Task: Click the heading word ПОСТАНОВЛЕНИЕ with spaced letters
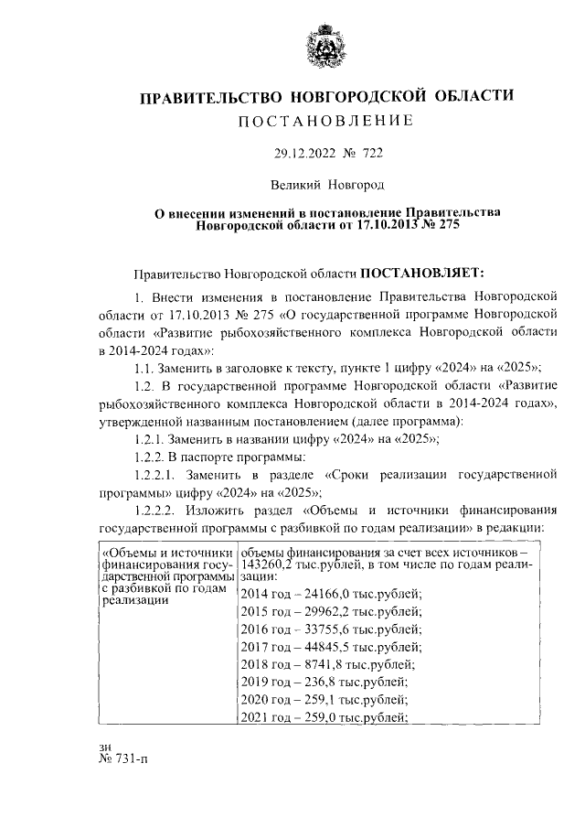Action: click(x=326, y=120)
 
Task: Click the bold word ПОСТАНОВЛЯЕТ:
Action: click(x=426, y=272)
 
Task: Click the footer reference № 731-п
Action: click(x=122, y=785)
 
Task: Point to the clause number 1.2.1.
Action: click(x=151, y=439)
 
